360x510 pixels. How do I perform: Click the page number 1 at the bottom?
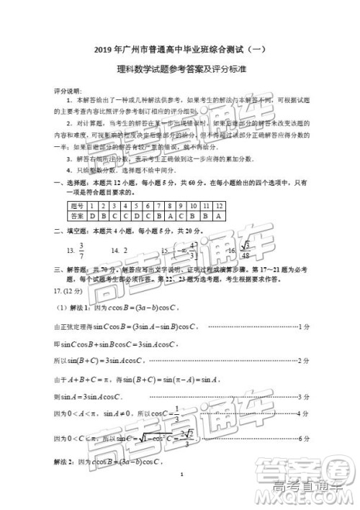184,475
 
